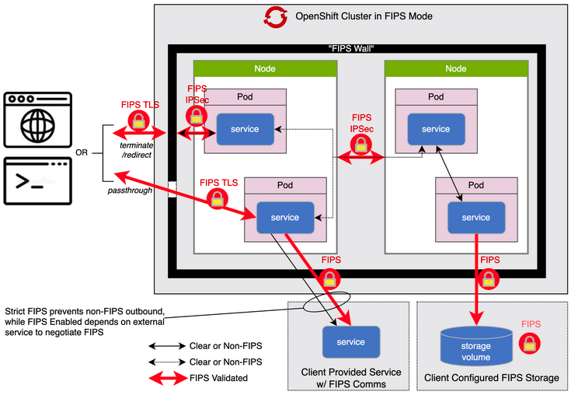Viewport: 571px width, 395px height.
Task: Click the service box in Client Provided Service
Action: (350, 341)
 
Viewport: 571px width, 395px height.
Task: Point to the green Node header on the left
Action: (265, 68)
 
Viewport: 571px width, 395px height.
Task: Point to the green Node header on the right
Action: (455, 68)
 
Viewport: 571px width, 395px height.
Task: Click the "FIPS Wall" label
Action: (350, 49)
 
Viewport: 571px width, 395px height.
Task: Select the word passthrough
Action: (128, 190)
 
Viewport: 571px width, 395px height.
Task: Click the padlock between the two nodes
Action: (360, 144)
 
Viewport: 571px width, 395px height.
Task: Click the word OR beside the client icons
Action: (82, 152)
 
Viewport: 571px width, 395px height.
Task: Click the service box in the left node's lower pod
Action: (284, 217)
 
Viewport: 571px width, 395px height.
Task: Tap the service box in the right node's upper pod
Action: (435, 128)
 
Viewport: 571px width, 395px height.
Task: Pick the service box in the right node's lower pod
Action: (475, 217)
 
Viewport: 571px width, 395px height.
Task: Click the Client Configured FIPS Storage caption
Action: (491, 378)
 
